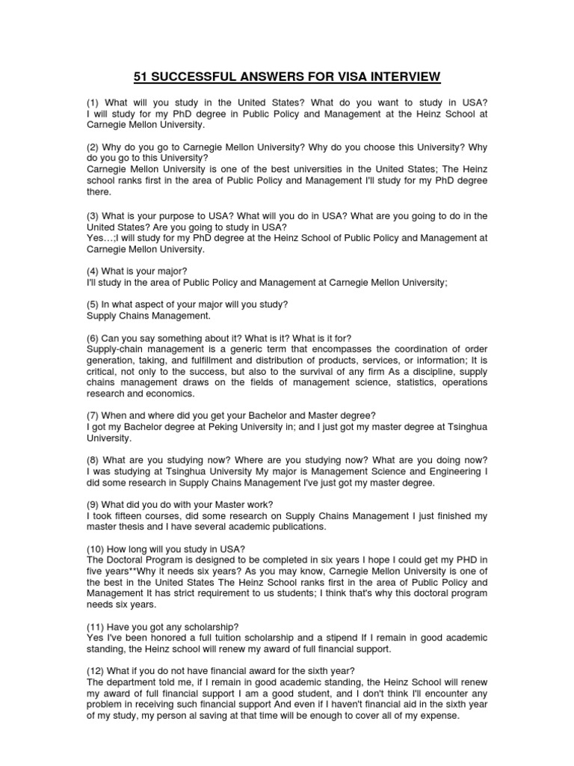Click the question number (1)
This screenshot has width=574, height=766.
tap(94, 102)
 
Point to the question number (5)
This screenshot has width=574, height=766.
tap(94, 304)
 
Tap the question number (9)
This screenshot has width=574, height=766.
tap(94, 504)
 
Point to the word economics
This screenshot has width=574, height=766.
tap(173, 393)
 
